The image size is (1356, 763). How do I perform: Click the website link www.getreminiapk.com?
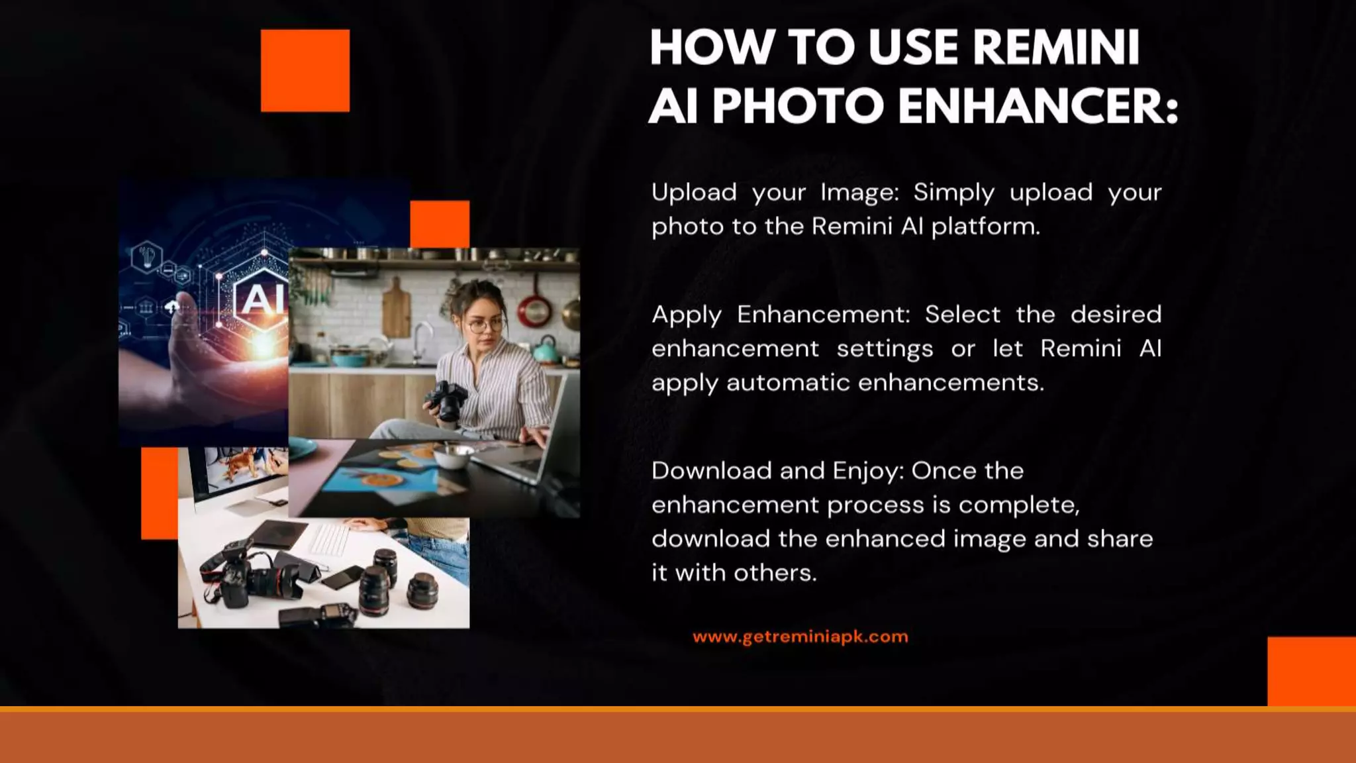[x=800, y=637]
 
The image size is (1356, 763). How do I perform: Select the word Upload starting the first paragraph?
[x=694, y=193]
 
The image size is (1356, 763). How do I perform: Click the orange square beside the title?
[x=305, y=70]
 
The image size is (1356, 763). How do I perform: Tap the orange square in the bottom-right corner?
[x=1311, y=671]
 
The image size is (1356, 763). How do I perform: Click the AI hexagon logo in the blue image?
[x=262, y=299]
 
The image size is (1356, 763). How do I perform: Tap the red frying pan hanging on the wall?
[x=534, y=309]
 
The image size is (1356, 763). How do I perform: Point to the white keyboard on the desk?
[x=330, y=538]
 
